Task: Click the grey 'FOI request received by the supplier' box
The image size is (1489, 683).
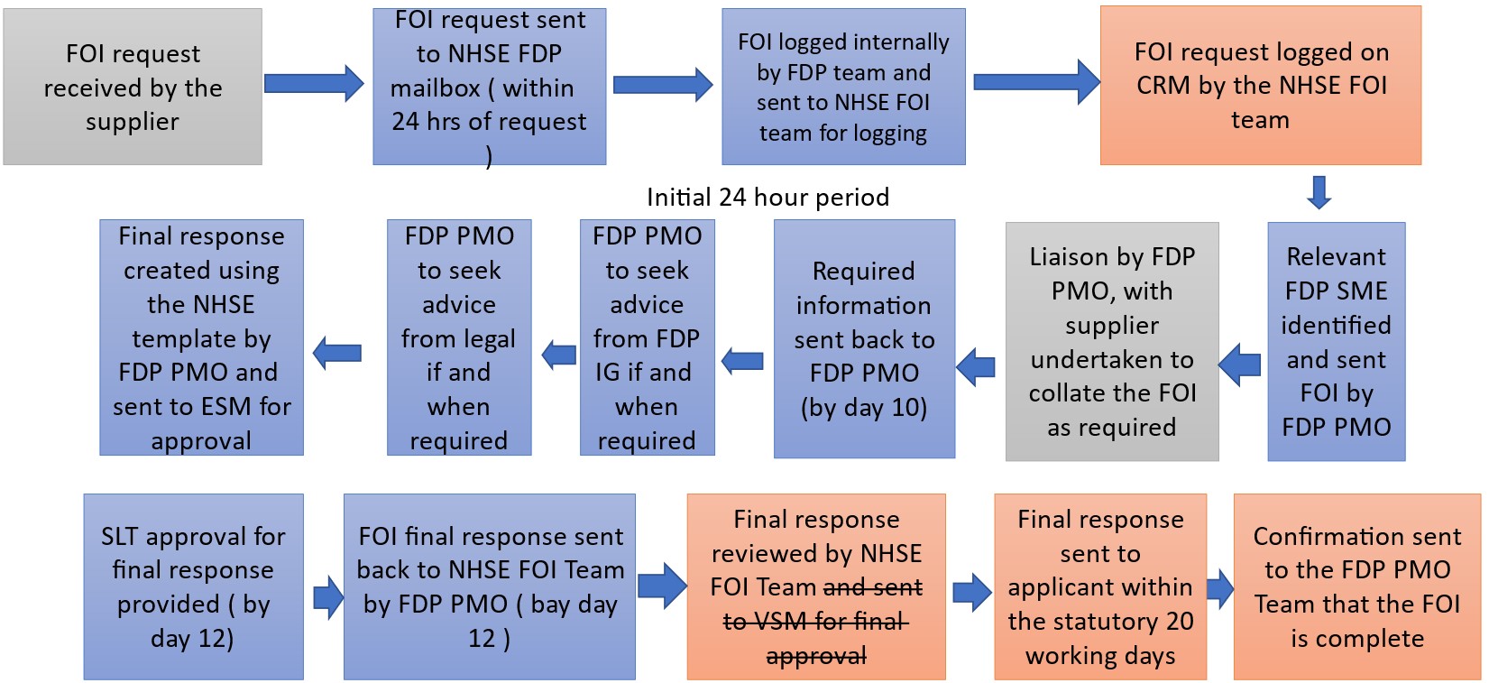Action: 133,87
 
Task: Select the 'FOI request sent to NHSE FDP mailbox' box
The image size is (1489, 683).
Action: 489,87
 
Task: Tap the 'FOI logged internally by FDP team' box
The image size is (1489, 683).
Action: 843,87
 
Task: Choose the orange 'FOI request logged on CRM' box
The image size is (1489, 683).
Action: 1260,85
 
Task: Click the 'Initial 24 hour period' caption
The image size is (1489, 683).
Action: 767,197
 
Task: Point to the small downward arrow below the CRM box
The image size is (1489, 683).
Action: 1319,192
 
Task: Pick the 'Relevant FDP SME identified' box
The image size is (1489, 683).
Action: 1336,341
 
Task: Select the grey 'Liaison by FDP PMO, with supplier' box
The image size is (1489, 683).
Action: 1112,341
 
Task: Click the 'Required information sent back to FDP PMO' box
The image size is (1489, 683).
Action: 864,338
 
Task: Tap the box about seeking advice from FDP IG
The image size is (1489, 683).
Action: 647,337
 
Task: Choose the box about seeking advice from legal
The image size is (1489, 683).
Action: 459,337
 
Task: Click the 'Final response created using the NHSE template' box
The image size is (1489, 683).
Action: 201,337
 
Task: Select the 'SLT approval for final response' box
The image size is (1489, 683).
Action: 193,586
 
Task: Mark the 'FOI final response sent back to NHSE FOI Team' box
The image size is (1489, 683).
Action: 489,586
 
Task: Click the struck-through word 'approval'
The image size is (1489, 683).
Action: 816,657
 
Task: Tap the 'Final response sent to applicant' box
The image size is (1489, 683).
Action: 1100,586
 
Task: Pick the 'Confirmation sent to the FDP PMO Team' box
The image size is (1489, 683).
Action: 1357,586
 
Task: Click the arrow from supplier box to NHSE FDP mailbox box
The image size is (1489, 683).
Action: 314,83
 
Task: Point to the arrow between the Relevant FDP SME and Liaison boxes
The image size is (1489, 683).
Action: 1240,365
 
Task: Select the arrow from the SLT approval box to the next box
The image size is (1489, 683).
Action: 327,597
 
